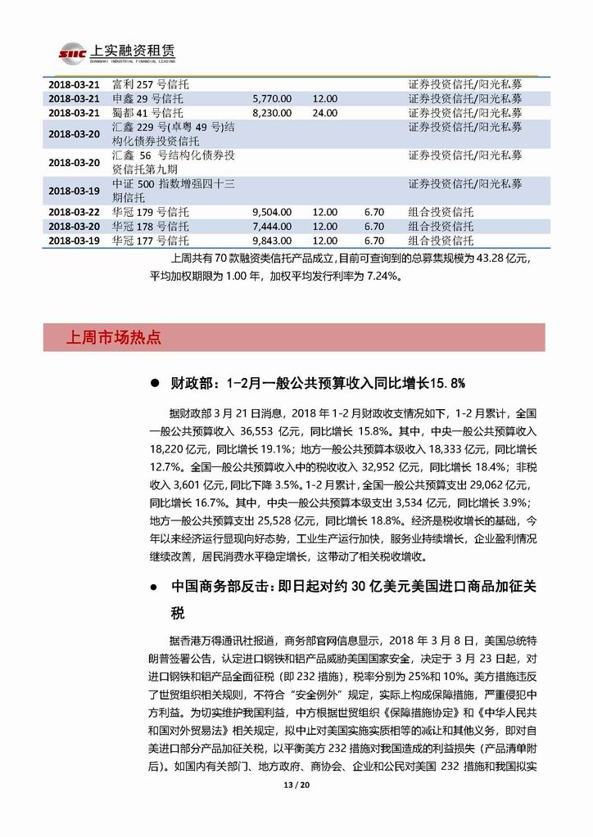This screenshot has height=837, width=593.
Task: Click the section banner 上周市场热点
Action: (x=114, y=337)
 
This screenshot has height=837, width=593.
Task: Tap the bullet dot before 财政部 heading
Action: (x=155, y=383)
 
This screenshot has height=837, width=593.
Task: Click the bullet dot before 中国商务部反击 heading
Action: (x=155, y=588)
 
